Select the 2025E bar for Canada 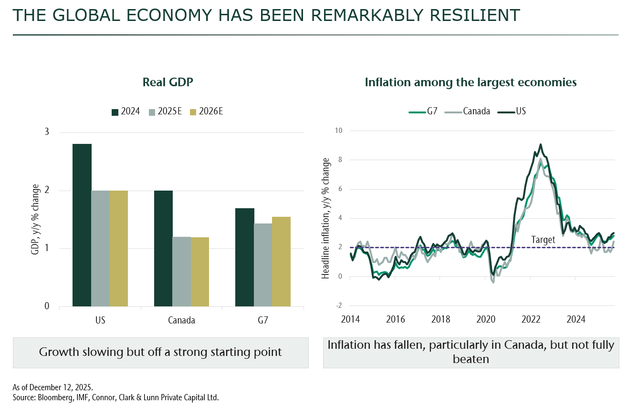(182, 271)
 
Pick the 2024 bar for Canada (163, 248)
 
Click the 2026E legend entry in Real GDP (207, 111)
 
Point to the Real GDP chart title (167, 82)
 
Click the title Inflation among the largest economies (471, 82)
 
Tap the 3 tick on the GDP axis (47, 132)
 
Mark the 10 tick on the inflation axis (339, 131)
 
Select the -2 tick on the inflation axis (339, 306)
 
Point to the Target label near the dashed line (543, 240)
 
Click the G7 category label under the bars (262, 320)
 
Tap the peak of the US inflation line (540, 144)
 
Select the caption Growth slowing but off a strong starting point (160, 352)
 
